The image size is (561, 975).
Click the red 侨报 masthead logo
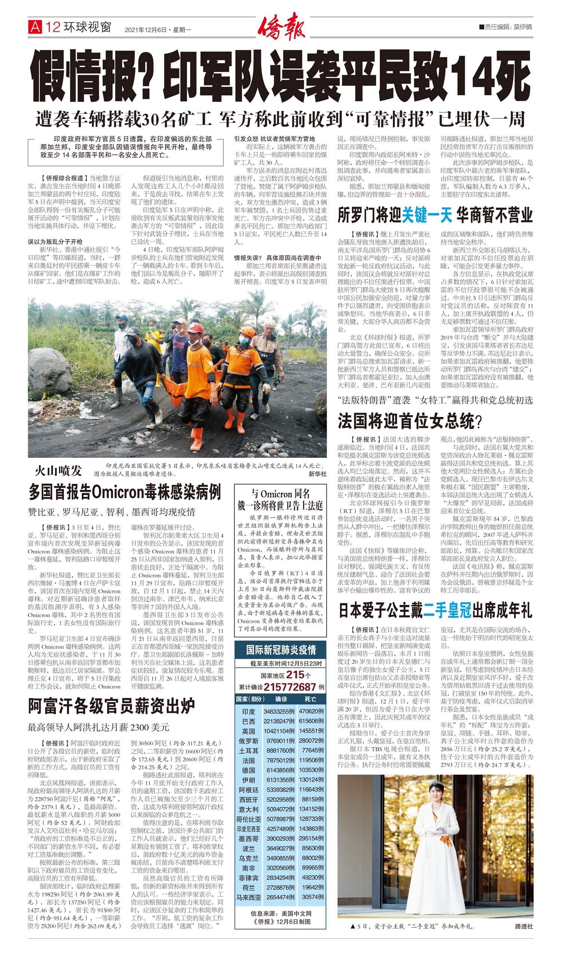[x=282, y=27]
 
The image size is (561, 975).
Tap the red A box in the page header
[x=35, y=27]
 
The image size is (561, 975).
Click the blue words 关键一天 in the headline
[x=427, y=215]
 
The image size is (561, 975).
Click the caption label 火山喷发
[x=58, y=470]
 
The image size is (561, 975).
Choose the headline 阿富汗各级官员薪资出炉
[x=111, y=706]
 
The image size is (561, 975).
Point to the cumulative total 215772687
[x=290, y=687]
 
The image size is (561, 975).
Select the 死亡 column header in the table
[x=310, y=698]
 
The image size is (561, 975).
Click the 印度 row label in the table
[x=248, y=711]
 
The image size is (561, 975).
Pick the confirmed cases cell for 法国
[x=279, y=760]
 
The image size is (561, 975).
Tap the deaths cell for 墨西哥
[x=311, y=838]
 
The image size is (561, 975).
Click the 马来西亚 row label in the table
[x=248, y=897]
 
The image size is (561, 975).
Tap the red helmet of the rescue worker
[x=195, y=328]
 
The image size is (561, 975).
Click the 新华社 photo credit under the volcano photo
[x=318, y=474]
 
